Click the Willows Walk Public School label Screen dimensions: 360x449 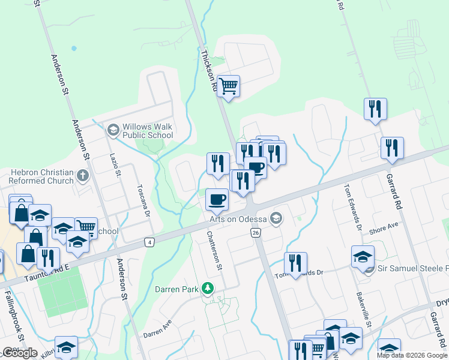coord(148,131)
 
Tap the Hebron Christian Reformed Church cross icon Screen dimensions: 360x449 coord(83,177)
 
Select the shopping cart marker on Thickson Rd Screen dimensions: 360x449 coord(228,86)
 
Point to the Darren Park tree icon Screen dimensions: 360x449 coord(208,289)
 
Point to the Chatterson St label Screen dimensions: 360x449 coord(215,250)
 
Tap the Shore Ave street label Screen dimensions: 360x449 coord(384,227)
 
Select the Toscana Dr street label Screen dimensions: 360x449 coord(145,203)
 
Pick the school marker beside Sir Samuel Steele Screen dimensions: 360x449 coord(363,257)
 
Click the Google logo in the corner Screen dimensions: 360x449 coord(20,353)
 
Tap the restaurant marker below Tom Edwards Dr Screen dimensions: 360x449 coord(295,263)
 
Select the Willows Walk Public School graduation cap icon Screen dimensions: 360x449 coord(112,130)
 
